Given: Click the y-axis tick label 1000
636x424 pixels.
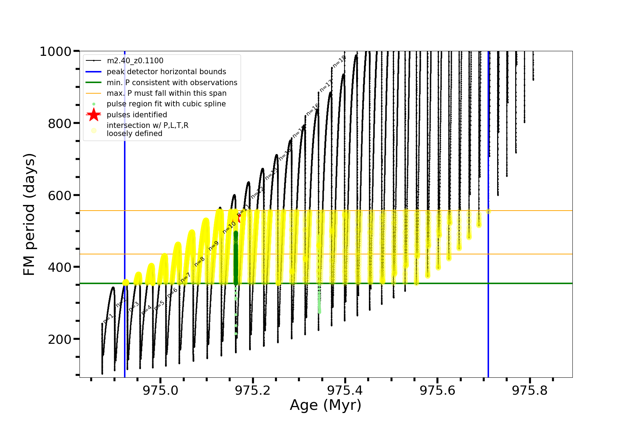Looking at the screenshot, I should (x=55, y=52).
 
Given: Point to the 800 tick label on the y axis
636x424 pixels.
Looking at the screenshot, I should (x=59, y=123).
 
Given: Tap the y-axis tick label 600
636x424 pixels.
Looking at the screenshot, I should (x=59, y=195).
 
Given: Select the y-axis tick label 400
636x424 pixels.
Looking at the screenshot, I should (x=59, y=267).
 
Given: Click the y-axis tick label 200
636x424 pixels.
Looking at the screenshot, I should (x=59, y=339).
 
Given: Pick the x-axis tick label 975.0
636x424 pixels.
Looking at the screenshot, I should (x=160, y=390).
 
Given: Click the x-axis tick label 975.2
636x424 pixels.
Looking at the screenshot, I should (x=253, y=390).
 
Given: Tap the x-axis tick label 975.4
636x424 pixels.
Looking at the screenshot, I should (x=345, y=390).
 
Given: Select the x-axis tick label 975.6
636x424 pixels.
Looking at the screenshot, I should (x=437, y=390).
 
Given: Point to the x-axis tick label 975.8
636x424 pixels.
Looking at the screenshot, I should (x=530, y=390).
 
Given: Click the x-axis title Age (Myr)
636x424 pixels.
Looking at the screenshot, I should (x=325, y=405).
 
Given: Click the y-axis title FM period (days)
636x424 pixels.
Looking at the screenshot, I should (x=29, y=214).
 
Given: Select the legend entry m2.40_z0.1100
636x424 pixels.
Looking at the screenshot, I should (x=135, y=61).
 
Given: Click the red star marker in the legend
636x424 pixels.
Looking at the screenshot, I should (x=94, y=114).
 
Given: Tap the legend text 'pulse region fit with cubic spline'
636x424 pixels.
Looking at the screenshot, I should (x=166, y=104).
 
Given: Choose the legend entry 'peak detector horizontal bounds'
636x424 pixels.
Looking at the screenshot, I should (x=166, y=72).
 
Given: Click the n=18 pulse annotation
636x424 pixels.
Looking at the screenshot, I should (x=339, y=62).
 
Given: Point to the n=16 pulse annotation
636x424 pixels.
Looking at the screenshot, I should (x=313, y=110).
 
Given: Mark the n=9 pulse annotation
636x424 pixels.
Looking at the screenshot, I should (x=213, y=246).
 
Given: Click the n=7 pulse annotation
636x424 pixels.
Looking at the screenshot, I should (x=185, y=278).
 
